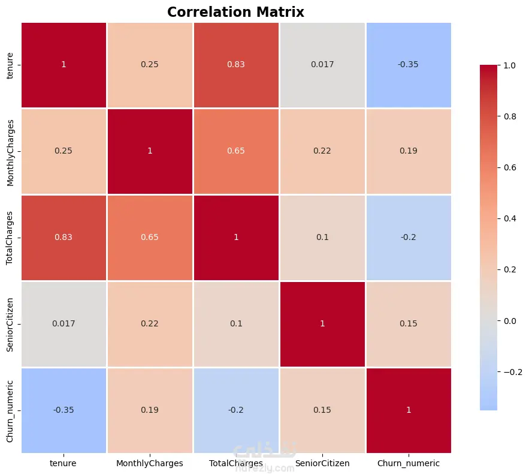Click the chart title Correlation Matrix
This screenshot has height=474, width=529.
click(x=235, y=12)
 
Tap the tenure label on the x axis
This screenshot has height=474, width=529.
click(x=63, y=463)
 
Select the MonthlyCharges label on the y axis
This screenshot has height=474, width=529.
click(x=10, y=153)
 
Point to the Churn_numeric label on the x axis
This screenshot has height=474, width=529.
click(x=409, y=463)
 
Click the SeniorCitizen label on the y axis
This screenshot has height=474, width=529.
click(x=10, y=325)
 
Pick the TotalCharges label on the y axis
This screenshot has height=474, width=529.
click(x=10, y=238)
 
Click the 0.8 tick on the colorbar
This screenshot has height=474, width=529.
click(x=510, y=116)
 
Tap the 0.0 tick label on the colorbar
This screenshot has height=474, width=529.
click(x=510, y=321)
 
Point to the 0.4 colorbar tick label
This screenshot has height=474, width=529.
click(x=510, y=218)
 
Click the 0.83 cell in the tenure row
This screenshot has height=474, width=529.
click(x=236, y=65)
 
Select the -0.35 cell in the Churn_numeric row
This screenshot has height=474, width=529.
click(x=64, y=410)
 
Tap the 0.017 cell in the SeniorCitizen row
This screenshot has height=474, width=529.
click(x=64, y=324)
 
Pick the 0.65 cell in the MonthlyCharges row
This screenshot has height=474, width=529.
click(x=236, y=151)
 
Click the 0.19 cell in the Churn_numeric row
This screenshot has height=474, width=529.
click(x=150, y=410)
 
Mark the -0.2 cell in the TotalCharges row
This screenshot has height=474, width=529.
click(x=409, y=238)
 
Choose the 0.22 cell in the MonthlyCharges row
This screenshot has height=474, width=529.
click(x=322, y=151)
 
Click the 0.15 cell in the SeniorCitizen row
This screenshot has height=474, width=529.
click(x=409, y=324)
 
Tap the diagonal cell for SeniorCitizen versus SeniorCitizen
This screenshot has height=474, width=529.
click(x=322, y=324)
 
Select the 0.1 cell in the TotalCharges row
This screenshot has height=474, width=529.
click(x=322, y=238)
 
